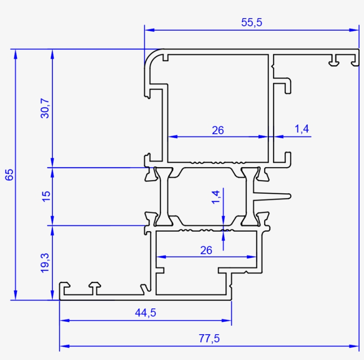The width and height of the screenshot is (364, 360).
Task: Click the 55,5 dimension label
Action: pos(252,22)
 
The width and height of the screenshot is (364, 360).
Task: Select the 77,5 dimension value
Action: pos(210,339)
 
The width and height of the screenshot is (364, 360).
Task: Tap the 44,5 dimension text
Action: pos(146,313)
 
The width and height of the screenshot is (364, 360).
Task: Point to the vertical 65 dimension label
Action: pos(9,174)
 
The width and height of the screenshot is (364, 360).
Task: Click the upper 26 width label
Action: pos(218,130)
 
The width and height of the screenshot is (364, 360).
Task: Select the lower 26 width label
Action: pos(206,250)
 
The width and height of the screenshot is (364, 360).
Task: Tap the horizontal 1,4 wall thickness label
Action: pos(301,129)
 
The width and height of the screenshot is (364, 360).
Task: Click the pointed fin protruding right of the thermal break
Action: pos(275,195)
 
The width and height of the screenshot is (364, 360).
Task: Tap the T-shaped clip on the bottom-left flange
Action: pos(95,287)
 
